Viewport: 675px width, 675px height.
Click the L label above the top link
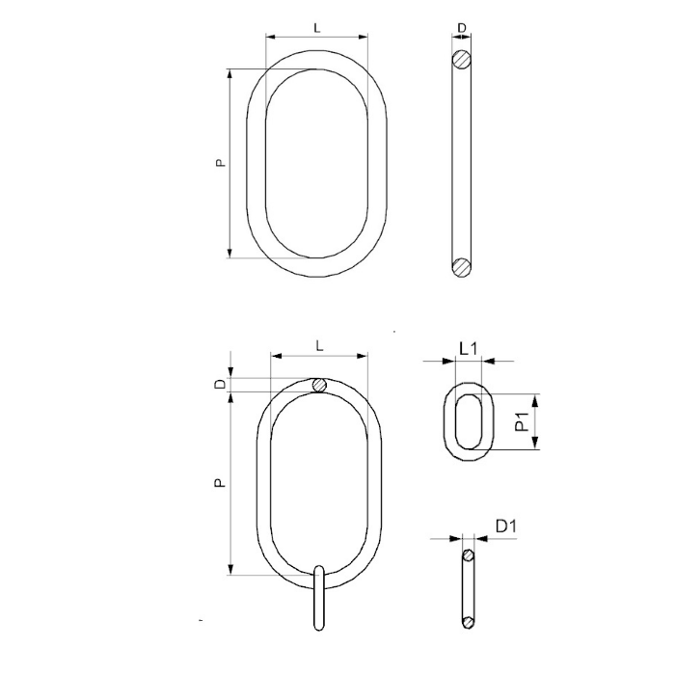[317, 28]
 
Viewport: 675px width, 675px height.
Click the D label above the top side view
[462, 28]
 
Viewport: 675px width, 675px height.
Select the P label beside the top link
[220, 163]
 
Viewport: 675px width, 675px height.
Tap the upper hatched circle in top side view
[462, 60]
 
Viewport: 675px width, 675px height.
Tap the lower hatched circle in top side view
[462, 267]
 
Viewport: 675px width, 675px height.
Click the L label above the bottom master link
[319, 345]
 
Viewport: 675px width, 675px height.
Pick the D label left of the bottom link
[220, 385]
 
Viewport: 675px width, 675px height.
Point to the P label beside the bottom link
[220, 483]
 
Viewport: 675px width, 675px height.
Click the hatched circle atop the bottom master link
[319, 385]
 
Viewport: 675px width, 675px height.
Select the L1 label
[469, 348]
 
